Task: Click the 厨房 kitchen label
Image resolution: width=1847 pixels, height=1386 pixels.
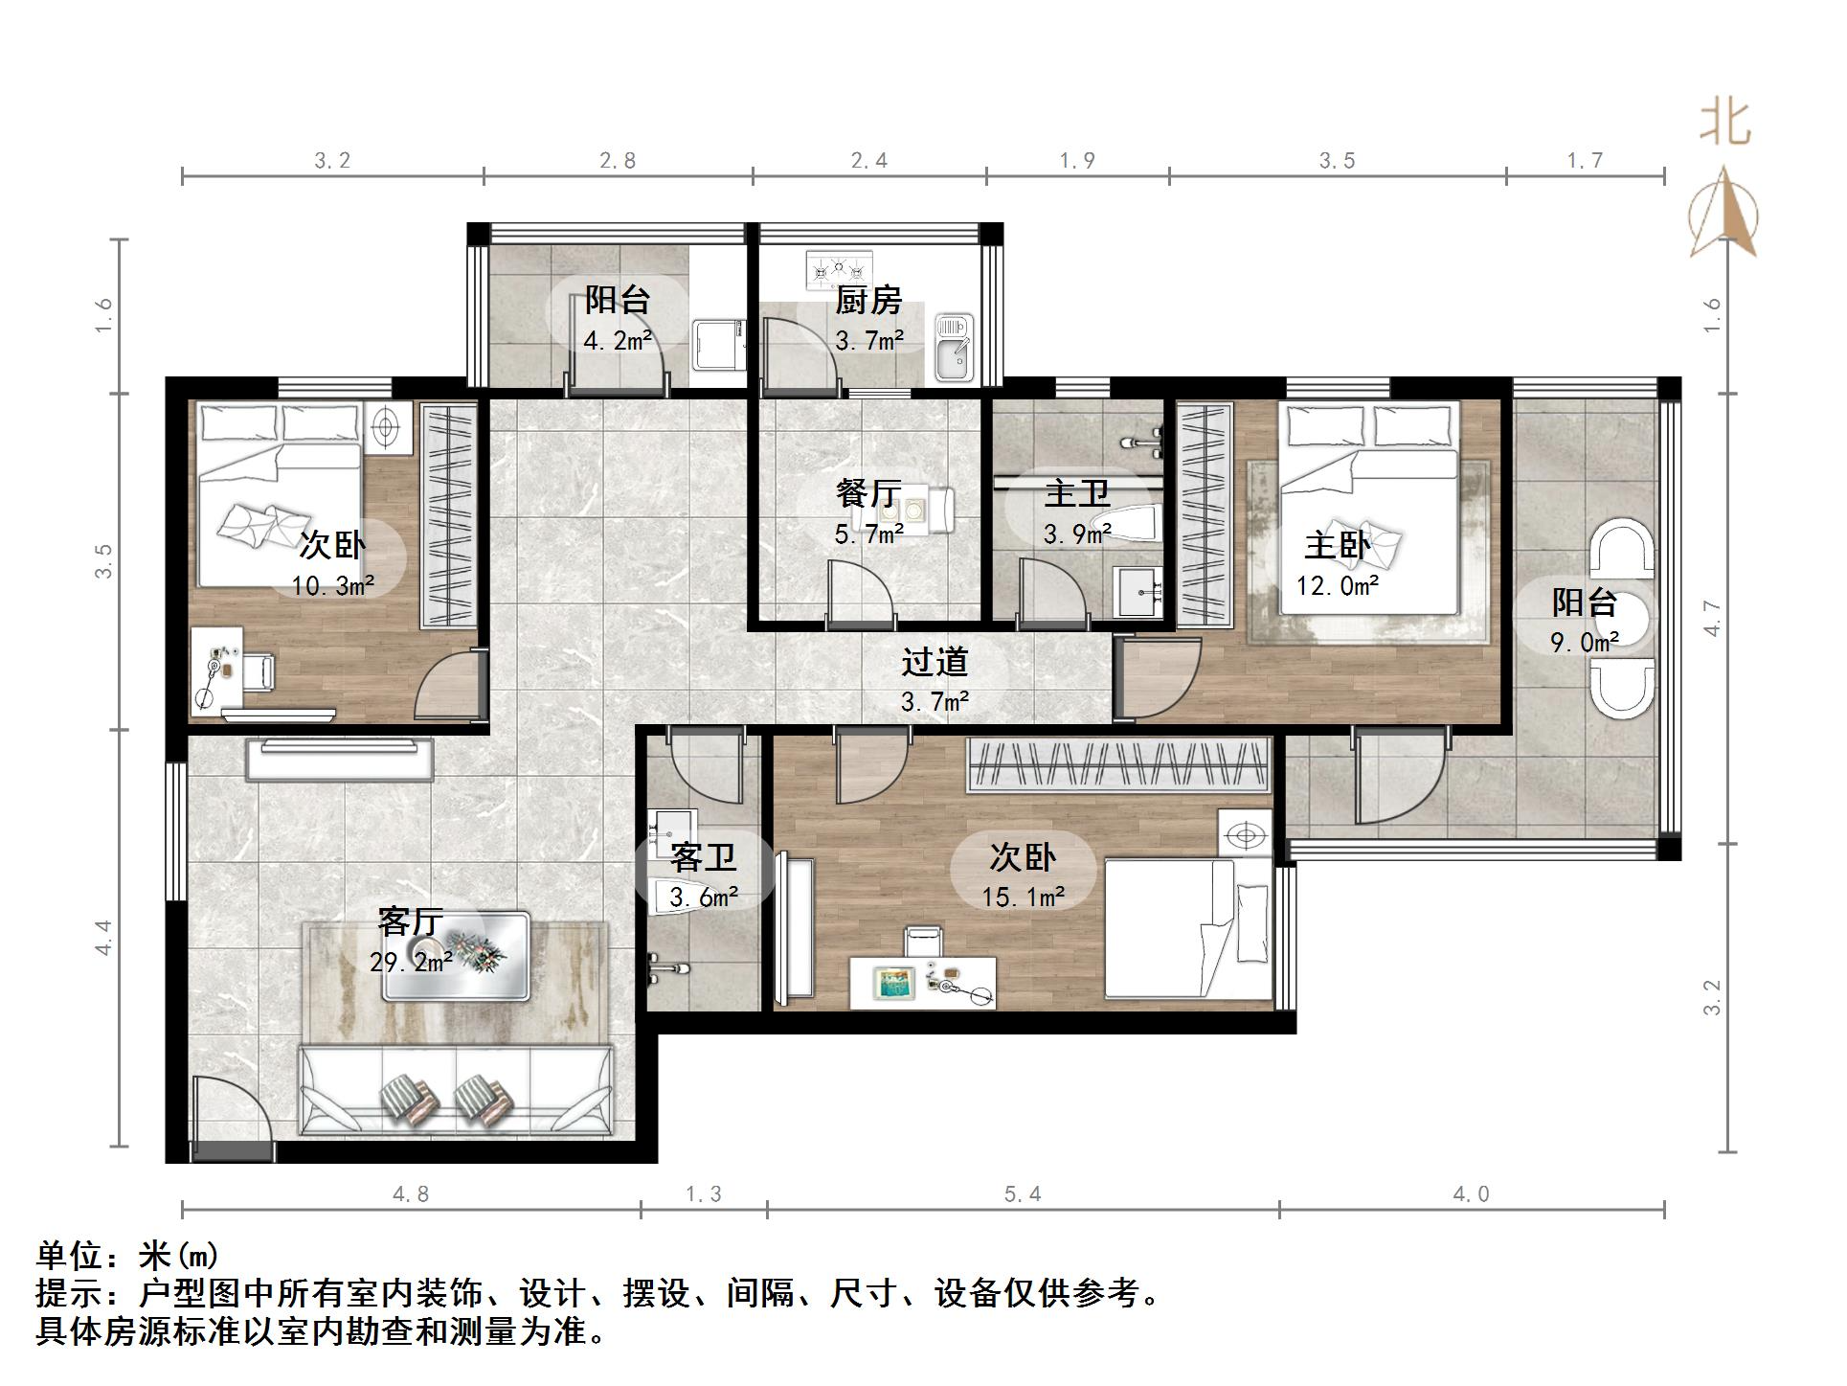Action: point(868,301)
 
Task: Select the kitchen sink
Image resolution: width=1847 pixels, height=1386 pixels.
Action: point(953,348)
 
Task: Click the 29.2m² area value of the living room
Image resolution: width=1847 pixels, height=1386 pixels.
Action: point(411,962)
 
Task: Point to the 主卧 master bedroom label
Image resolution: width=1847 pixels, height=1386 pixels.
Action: point(1337,546)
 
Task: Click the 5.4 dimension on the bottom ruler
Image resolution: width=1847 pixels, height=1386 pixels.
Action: point(1022,1194)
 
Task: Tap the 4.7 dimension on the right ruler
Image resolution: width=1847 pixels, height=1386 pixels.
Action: point(1713,619)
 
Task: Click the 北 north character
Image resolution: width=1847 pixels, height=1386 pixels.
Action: point(1725,124)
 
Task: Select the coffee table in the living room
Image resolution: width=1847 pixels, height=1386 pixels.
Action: point(456,956)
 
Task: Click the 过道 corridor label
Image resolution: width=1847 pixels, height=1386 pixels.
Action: point(935,662)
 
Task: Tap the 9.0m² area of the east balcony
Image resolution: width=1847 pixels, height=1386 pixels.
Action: point(1585,643)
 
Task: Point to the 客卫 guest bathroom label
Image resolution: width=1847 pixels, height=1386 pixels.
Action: point(703,856)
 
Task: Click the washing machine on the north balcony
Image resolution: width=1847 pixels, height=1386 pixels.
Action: point(718,346)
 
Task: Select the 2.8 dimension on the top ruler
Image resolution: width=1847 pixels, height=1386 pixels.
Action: point(618,161)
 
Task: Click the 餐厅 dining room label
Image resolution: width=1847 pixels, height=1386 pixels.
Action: point(867,494)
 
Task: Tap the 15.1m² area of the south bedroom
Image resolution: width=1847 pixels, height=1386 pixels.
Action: point(1023,897)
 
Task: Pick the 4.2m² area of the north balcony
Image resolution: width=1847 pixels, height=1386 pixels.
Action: point(618,340)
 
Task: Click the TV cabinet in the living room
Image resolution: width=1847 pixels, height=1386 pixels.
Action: point(340,759)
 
